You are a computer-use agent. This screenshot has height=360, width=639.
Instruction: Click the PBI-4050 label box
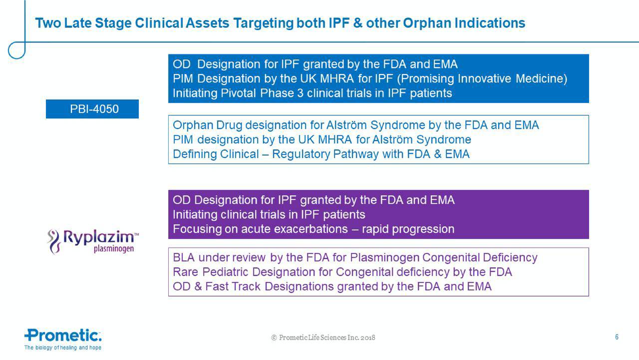coord(92,109)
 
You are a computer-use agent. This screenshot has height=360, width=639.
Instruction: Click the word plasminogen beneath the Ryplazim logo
coord(114,249)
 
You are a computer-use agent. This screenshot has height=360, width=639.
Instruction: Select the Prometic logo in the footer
coord(63,335)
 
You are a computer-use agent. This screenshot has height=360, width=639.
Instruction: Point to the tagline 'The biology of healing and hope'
coord(63,348)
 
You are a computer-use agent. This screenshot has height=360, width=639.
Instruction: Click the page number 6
coord(617,337)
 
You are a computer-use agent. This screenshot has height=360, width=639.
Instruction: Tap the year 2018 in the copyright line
coord(367,338)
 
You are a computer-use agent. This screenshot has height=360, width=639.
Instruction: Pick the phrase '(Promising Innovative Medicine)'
coord(481,79)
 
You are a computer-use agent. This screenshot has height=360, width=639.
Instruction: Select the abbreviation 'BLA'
coord(184,258)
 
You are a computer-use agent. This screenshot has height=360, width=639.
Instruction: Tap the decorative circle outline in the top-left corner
coord(16,50)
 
